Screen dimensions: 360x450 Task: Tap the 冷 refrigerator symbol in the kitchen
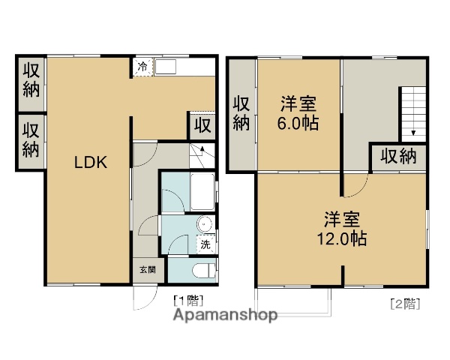click(x=142, y=67)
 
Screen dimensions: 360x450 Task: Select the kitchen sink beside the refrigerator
click(x=166, y=67)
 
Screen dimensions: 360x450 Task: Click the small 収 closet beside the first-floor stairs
click(x=202, y=124)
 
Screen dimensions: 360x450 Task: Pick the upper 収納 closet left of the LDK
click(x=30, y=79)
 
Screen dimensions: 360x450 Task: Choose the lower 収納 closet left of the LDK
click(x=30, y=139)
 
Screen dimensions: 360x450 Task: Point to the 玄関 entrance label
click(x=146, y=270)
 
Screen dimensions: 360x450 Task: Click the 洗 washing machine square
click(x=205, y=244)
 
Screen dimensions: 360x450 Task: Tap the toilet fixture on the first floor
click(x=201, y=271)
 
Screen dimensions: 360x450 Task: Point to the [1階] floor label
click(x=187, y=300)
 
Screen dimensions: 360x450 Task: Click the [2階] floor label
click(x=404, y=304)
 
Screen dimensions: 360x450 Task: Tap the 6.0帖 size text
click(x=299, y=123)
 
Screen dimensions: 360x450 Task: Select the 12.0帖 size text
click(x=342, y=239)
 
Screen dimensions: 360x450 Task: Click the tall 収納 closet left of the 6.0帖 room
click(x=241, y=113)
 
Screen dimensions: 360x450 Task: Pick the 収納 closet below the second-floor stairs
click(x=397, y=157)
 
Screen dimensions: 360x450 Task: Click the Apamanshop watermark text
click(x=225, y=315)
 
